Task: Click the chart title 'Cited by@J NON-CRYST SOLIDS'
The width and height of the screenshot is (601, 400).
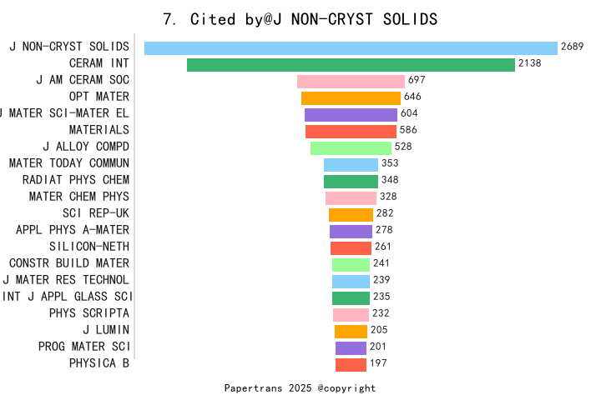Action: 300,18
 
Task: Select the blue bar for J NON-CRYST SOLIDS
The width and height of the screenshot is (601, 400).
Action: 351,47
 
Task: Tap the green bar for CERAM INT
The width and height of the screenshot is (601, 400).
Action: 351,64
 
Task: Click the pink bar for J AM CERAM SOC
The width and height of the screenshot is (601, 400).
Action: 351,81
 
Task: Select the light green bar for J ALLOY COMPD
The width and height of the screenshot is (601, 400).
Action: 351,147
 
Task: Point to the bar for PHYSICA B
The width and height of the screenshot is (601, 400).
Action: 351,364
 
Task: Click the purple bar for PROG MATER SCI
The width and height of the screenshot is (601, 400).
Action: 351,347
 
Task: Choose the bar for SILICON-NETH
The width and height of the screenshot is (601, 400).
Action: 351,247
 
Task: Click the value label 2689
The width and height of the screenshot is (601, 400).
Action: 573,47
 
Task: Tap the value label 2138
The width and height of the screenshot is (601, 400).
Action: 530,63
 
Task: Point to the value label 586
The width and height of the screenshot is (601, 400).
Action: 408,130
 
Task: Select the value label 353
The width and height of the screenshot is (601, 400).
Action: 390,163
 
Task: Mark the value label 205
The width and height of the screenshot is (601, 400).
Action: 379,330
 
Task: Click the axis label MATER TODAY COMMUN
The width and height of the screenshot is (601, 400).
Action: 69,163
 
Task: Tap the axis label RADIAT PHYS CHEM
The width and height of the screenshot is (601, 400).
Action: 76,180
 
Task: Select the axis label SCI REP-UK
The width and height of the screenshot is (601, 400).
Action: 96,213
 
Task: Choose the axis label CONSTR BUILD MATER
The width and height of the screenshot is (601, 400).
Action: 69,263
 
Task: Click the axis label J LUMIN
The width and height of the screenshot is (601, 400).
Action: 106,330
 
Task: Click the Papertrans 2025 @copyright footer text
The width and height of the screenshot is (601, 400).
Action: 300,387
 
